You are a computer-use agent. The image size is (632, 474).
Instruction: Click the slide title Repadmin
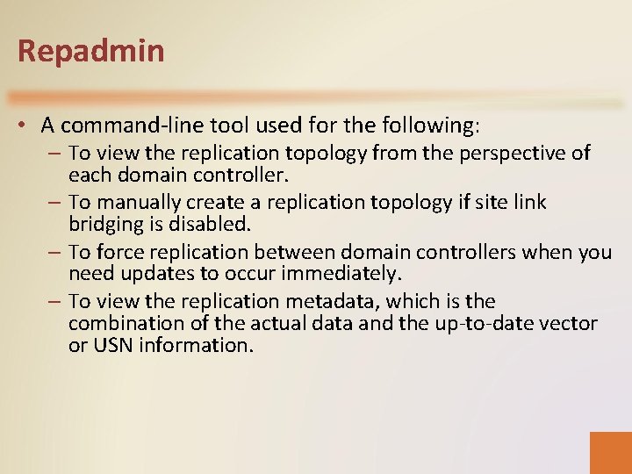pyautogui.click(x=90, y=51)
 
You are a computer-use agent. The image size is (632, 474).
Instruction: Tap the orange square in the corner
pyautogui.click(x=610, y=452)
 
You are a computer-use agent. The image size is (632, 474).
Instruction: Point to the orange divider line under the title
pyautogui.click(x=316, y=97)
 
